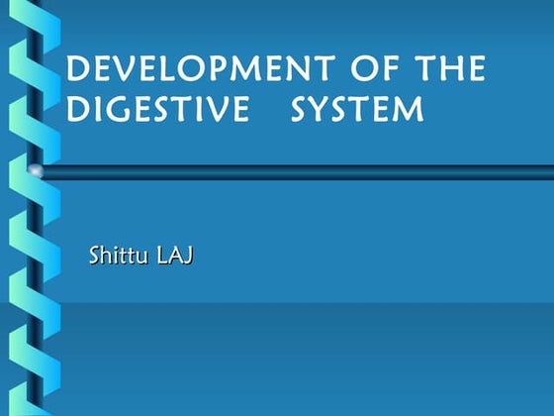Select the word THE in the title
(x=451, y=70)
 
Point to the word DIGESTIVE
(x=157, y=110)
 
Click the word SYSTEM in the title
(x=358, y=110)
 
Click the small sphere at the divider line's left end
(x=37, y=172)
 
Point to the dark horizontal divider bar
(x=297, y=172)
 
